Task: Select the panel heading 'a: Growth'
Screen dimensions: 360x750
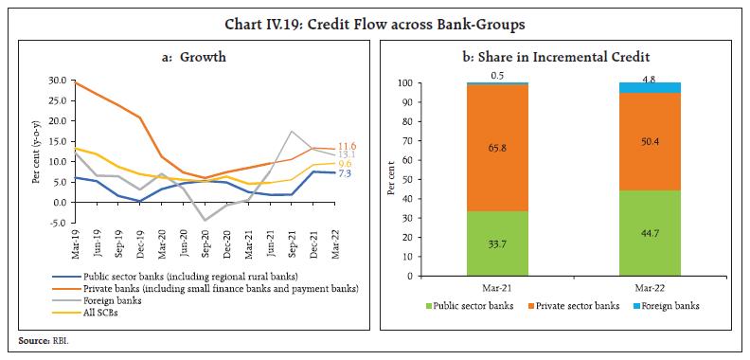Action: [x=187, y=57]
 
